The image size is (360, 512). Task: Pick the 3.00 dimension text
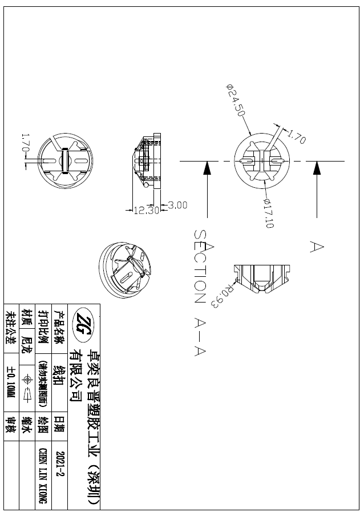tap(177, 205)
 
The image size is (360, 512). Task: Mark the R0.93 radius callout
tap(224, 296)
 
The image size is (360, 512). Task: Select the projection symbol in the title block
tap(27, 380)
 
